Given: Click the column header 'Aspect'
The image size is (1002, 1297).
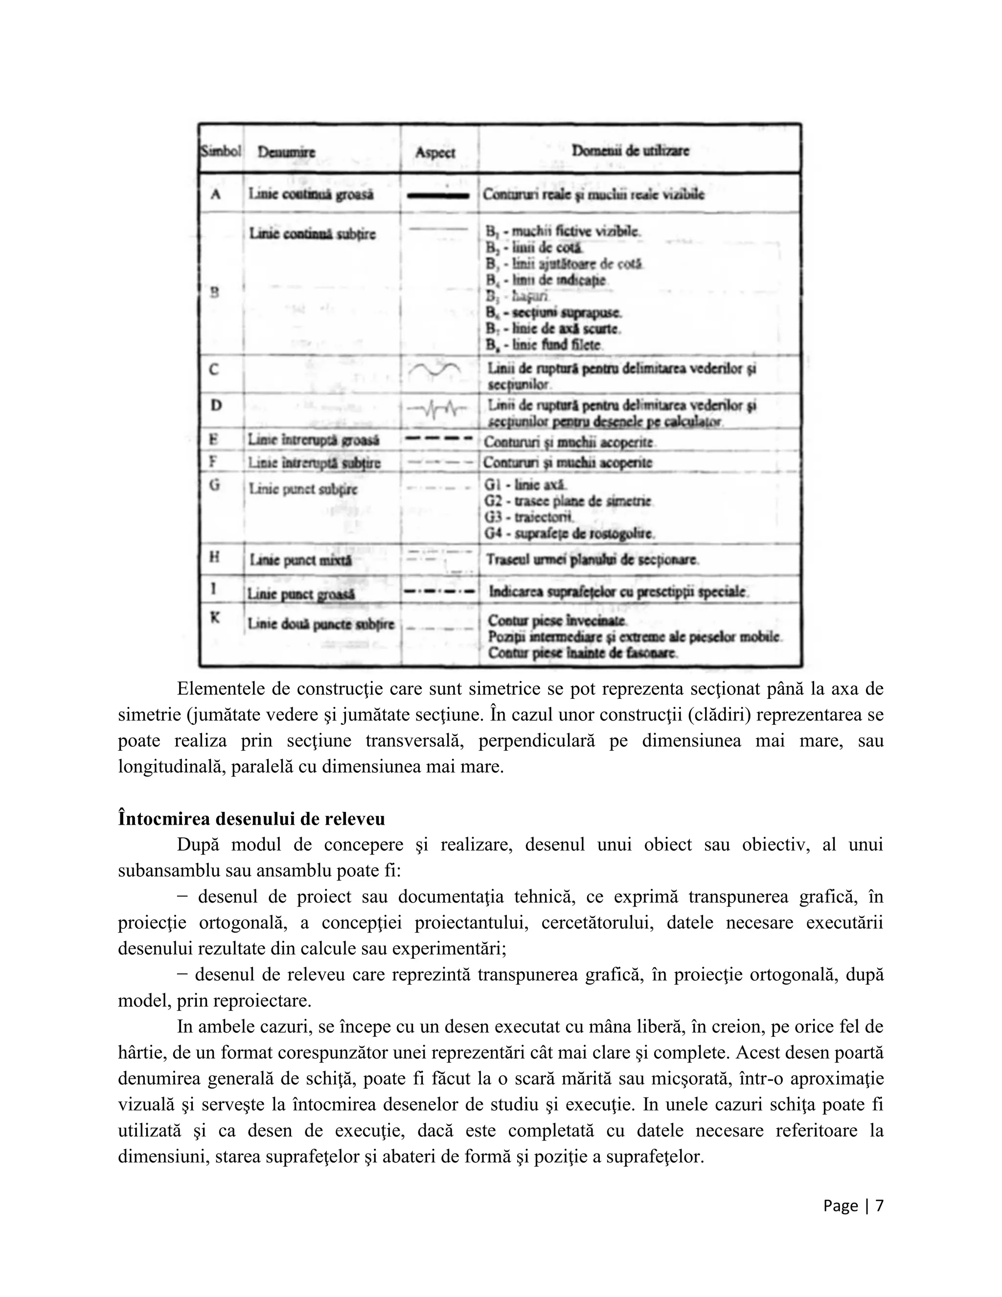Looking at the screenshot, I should coord(434,152).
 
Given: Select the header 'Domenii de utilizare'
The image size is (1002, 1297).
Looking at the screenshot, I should coord(630,151).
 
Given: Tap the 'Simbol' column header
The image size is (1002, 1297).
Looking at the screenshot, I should coord(220,151).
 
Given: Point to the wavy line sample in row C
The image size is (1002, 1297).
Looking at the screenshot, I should coord(434,371).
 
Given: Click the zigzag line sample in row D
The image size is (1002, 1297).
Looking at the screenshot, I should coord(439,409).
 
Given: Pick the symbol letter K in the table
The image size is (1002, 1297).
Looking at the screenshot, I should coord(215,618).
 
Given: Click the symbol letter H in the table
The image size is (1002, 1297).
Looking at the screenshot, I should coord(214,557).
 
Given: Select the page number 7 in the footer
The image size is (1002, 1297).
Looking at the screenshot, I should coord(879,1205).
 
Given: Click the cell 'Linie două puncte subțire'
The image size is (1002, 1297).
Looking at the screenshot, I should coord(320,624).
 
